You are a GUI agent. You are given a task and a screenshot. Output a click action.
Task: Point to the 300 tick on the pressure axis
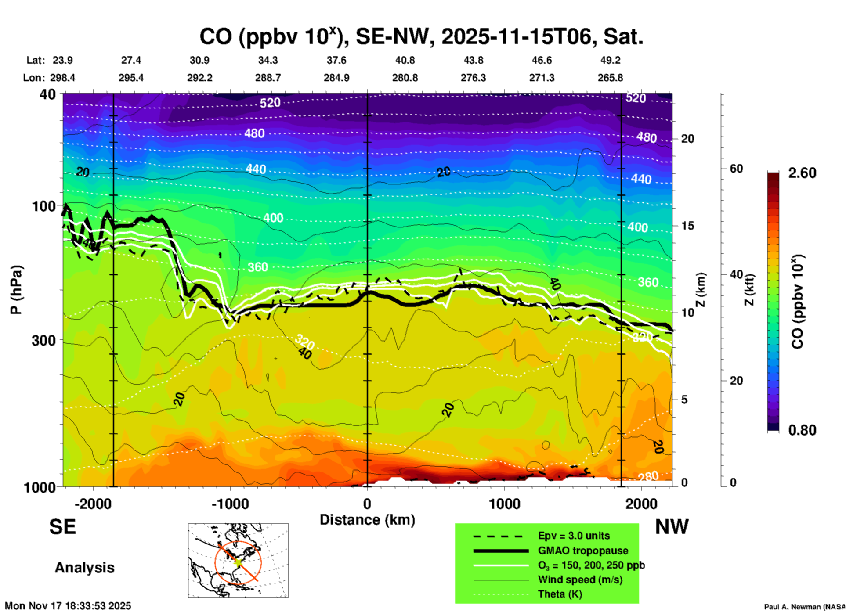[44, 340]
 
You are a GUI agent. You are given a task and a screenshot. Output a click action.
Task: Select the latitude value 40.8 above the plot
[405, 60]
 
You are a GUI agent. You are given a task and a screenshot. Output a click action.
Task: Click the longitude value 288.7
[268, 78]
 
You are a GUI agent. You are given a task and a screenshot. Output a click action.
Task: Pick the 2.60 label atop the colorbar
[802, 173]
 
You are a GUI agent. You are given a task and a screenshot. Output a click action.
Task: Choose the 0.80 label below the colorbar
[802, 430]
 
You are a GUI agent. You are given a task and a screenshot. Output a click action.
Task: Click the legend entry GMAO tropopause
[583, 551]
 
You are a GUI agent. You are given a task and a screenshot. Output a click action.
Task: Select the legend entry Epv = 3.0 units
[574, 536]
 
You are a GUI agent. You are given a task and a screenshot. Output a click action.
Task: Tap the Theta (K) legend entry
[560, 594]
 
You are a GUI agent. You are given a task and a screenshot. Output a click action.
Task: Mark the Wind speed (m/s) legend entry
[580, 580]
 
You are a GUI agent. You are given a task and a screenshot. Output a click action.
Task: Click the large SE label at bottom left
[62, 527]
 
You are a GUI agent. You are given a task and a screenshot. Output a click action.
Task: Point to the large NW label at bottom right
[672, 527]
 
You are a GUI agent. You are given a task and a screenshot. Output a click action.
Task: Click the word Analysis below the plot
[84, 568]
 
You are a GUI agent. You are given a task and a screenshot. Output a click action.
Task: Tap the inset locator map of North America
[238, 560]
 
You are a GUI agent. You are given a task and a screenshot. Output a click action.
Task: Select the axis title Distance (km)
[367, 520]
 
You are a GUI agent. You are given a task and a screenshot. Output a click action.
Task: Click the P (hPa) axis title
[16, 290]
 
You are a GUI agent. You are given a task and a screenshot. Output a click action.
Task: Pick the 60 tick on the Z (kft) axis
[736, 169]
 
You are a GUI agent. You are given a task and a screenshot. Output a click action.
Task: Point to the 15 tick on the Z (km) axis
[687, 226]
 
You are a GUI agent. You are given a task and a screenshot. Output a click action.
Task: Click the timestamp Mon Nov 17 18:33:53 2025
[68, 606]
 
